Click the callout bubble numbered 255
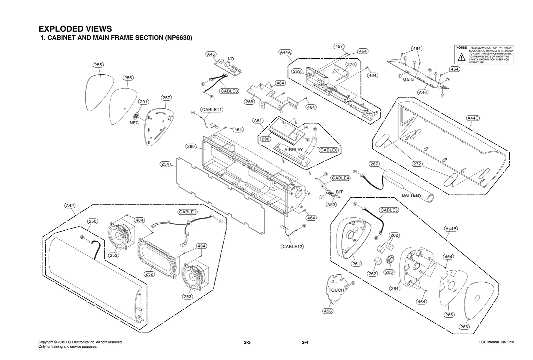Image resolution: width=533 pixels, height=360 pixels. pos(98,65)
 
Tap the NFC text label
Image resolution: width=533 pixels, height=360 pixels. pos(134,123)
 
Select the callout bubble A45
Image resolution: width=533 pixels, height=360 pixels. pos(211,54)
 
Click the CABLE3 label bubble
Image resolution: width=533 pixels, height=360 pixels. pos(229,91)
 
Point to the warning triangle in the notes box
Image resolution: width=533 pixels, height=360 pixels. pos(461,57)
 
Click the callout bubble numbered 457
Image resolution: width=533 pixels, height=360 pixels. pos(339,47)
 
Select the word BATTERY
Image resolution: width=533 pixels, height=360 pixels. pos(412,195)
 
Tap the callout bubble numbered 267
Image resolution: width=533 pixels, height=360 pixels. pos(374,164)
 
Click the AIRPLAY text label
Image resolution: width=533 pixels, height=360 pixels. pos(293,150)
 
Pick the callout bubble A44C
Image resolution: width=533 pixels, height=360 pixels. pos(473,118)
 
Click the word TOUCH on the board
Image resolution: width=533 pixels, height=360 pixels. pos(336,290)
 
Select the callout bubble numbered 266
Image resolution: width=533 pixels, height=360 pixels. pos(464,327)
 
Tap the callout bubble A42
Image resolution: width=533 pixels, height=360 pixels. pos(70,206)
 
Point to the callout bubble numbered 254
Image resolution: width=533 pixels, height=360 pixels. pos(165,164)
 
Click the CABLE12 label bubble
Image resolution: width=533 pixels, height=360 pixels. pos(292,246)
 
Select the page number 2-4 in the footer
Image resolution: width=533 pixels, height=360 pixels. pos(305,342)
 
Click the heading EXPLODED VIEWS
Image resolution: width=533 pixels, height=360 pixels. pos(75,29)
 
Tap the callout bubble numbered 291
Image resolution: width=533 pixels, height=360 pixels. pos(143,102)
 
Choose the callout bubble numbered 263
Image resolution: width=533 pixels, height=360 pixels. pos(389,272)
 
